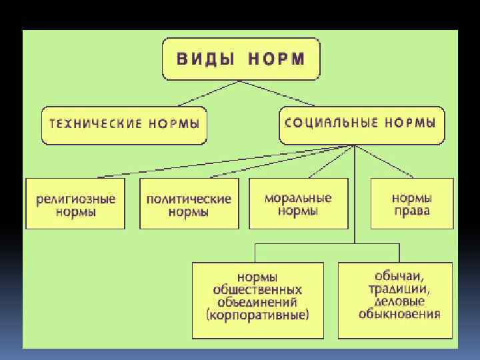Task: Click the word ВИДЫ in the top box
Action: click(x=205, y=58)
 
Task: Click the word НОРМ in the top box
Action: click(x=276, y=58)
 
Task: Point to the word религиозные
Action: click(x=75, y=199)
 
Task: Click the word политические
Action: click(x=189, y=199)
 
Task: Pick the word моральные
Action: click(x=298, y=198)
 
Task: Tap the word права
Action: click(x=411, y=211)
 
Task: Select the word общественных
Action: click(x=257, y=290)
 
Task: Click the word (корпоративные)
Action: click(x=257, y=315)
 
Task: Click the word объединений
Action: click(x=257, y=302)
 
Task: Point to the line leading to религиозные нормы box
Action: click(x=220, y=162)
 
